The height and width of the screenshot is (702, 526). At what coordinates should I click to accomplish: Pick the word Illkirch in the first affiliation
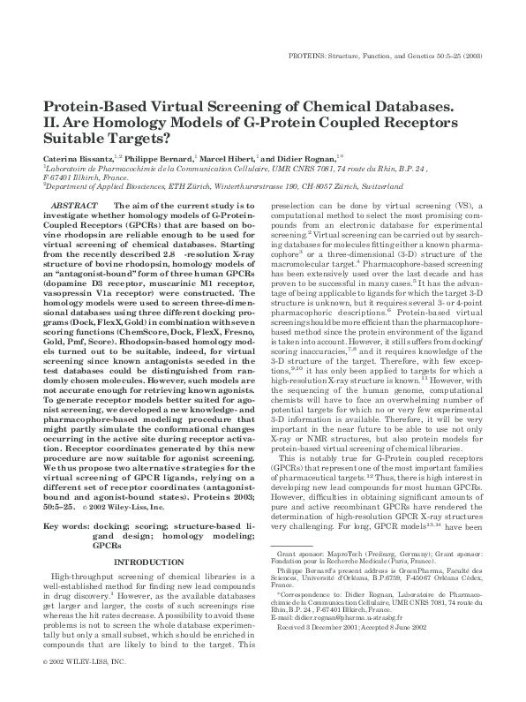click(x=94, y=177)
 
